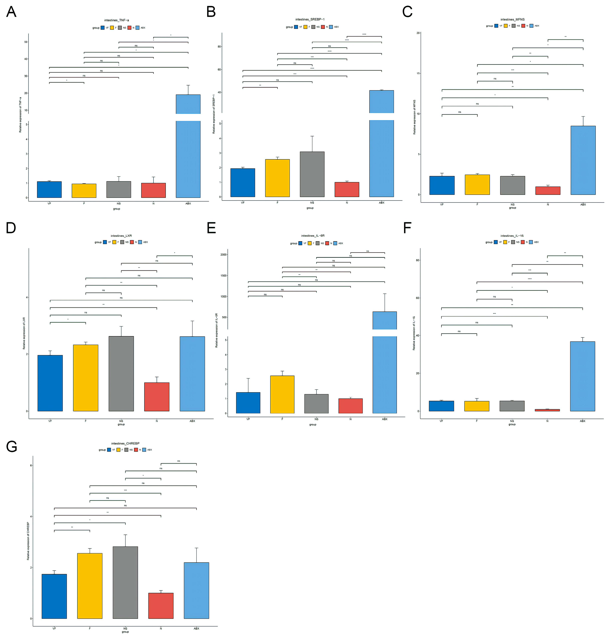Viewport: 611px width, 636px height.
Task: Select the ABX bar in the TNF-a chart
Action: (188, 156)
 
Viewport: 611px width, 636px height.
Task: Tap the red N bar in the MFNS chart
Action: (548, 191)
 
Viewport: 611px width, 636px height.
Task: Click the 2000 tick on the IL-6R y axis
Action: (224, 255)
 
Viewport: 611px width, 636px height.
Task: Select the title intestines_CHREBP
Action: (125, 443)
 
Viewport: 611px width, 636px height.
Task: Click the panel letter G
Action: (12, 447)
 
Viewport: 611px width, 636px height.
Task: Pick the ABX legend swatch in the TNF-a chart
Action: (137, 28)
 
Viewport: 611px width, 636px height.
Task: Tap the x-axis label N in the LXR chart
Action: (157, 421)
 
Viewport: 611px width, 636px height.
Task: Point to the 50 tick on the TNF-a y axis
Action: (26, 42)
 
